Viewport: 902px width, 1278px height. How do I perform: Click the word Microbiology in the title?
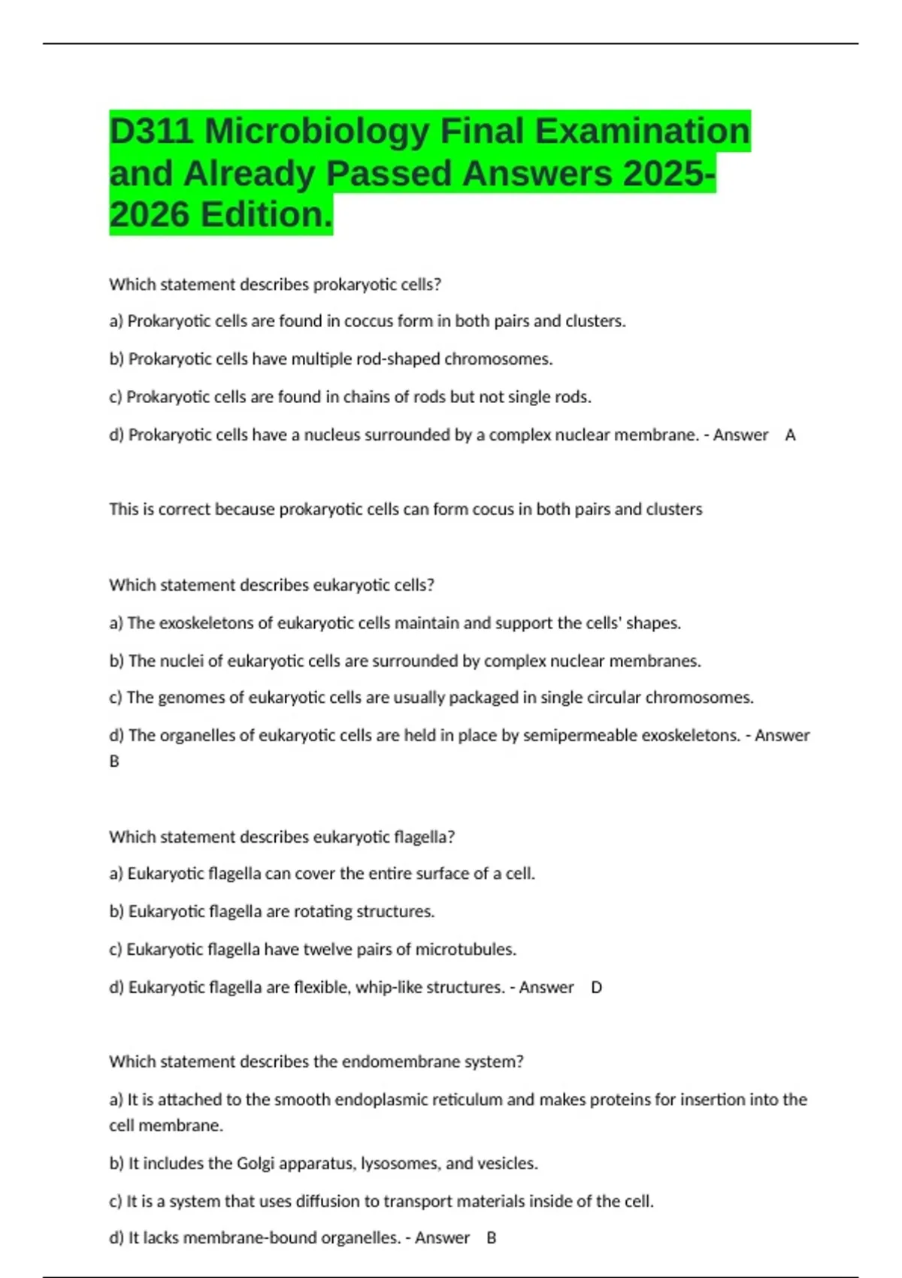click(x=316, y=132)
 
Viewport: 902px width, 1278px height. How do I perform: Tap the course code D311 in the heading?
click(x=151, y=132)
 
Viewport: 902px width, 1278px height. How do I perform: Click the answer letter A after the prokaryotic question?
click(x=790, y=435)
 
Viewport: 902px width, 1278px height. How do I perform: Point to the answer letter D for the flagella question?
click(x=596, y=987)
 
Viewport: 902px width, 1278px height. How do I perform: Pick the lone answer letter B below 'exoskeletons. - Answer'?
click(x=114, y=761)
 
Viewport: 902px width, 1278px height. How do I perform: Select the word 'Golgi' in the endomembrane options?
click(x=255, y=1164)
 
